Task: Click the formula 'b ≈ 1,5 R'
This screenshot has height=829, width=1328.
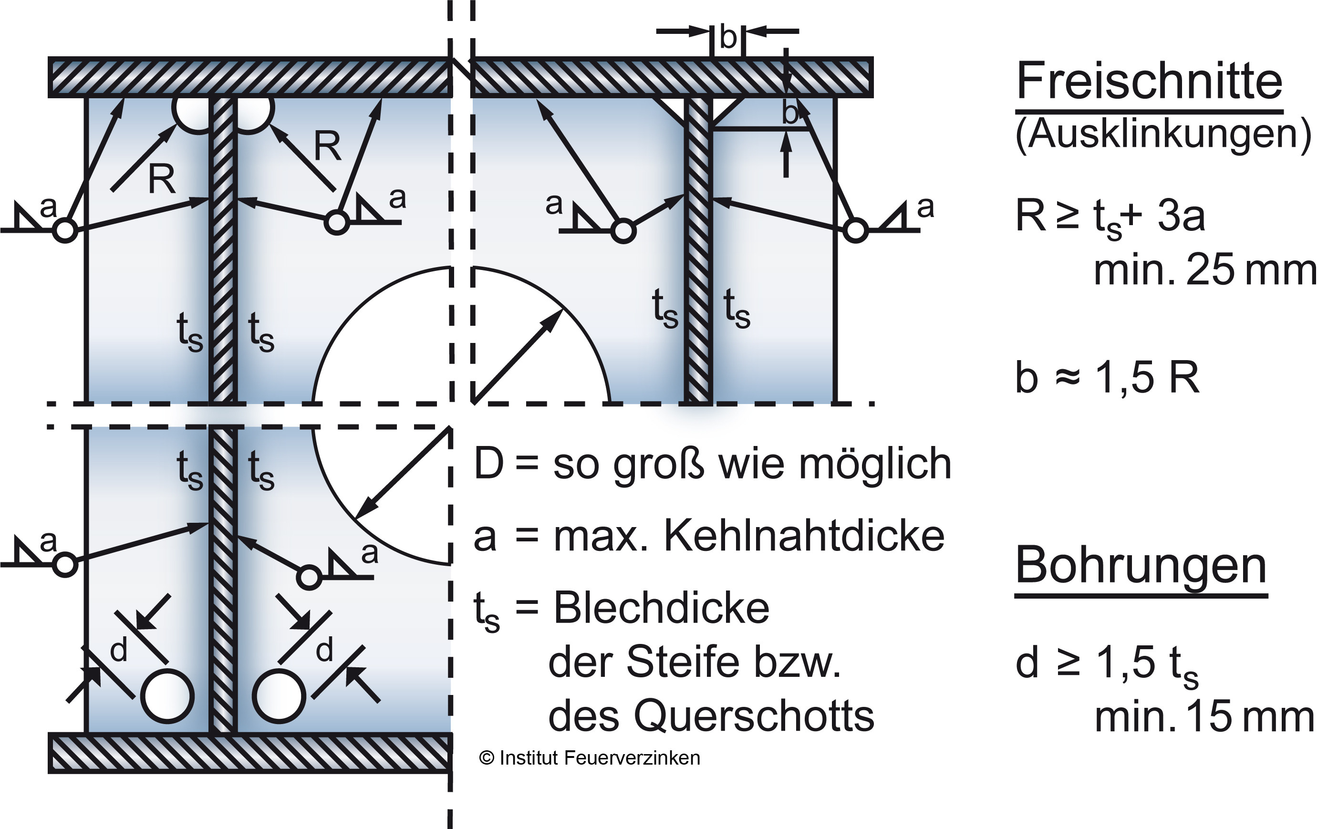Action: pos(1107,378)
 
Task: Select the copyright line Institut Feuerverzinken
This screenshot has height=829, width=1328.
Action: pos(590,758)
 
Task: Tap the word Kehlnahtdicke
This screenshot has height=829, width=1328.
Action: pos(804,536)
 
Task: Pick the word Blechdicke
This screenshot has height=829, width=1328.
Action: pos(661,608)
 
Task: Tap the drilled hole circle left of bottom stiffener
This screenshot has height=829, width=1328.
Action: pos(167,696)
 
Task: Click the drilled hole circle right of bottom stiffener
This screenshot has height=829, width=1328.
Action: pos(279,696)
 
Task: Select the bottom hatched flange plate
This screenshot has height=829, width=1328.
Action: pos(250,753)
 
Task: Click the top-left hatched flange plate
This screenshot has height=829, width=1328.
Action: pos(250,77)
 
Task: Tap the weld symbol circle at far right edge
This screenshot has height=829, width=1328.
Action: pos(855,230)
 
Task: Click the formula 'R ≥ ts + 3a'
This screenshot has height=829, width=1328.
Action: pos(1110,217)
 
